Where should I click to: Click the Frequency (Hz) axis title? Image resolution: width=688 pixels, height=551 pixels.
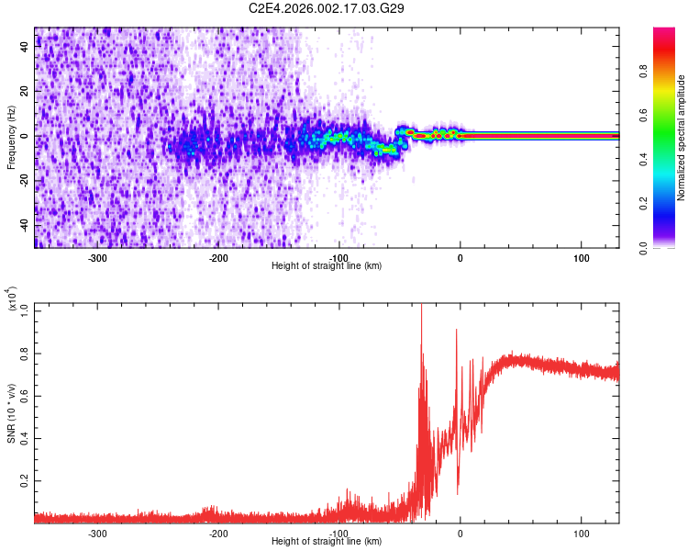[10, 138]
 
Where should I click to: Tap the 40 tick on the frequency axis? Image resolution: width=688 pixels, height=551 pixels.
[25, 48]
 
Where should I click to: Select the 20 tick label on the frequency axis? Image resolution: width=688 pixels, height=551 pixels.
[25, 92]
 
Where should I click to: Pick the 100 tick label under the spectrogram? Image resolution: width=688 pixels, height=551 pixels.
[581, 257]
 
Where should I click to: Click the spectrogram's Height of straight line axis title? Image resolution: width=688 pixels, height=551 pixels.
[327, 265]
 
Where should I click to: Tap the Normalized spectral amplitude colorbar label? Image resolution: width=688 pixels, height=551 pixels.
[681, 138]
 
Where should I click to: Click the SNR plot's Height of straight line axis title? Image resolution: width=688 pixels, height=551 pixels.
[327, 542]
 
